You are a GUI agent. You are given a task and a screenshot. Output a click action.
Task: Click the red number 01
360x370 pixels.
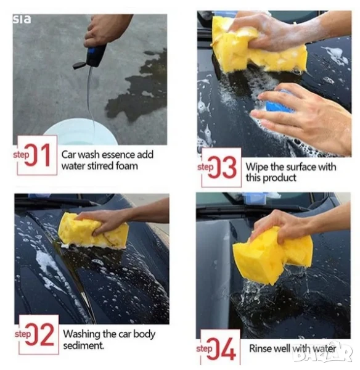[x=38, y=155]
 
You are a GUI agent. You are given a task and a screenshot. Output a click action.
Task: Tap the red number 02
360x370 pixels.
[x=40, y=334]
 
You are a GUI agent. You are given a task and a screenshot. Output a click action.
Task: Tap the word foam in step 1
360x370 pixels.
[x=127, y=166]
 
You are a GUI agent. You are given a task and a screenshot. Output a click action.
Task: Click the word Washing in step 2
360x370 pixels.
[x=81, y=334]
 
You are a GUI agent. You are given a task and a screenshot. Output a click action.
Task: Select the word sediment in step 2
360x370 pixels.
[x=83, y=346]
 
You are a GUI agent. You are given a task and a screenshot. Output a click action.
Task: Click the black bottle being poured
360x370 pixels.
[x=96, y=56]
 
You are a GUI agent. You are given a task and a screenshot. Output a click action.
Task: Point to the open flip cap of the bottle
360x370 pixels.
[x=79, y=65]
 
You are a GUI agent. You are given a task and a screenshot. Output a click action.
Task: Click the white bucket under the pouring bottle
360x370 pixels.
[x=80, y=132]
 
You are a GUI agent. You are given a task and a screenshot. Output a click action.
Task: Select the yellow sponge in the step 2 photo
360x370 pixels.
[x=93, y=231]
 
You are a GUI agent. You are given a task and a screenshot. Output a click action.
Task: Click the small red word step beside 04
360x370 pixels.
[x=204, y=349]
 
